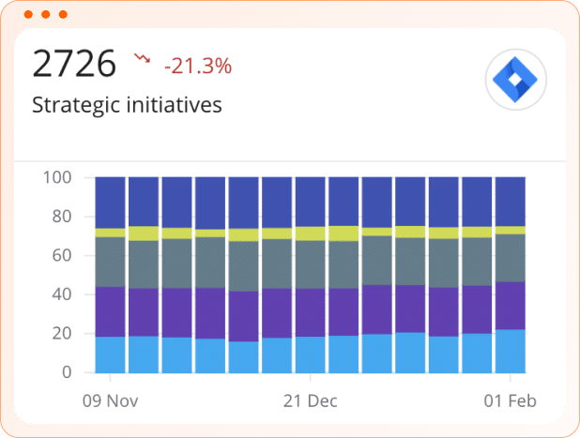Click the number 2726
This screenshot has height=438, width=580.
click(74, 65)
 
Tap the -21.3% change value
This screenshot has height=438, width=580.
click(197, 66)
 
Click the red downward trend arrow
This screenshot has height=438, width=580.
click(143, 59)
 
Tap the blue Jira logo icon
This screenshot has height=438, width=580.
click(515, 78)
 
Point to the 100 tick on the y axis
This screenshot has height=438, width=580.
click(58, 177)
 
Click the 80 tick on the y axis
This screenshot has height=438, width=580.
click(62, 217)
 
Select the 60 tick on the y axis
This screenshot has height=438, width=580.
click(62, 255)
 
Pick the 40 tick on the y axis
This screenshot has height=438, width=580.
click(62, 295)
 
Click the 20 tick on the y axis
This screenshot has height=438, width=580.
click(62, 334)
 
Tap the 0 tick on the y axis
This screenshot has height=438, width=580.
click(67, 372)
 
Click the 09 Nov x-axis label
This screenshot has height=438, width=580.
click(111, 400)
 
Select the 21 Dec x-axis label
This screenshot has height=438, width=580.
click(310, 400)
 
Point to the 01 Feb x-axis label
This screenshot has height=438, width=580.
click(511, 400)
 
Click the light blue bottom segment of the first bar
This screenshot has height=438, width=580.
click(111, 355)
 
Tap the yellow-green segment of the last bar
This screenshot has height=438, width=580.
click(511, 230)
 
